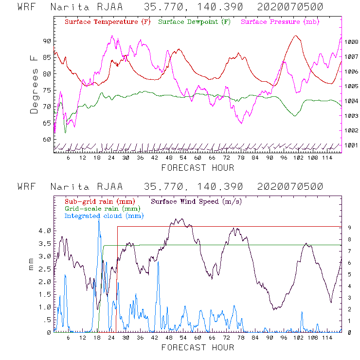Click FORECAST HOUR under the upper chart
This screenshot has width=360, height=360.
point(198,168)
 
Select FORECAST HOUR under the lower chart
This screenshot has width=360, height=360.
point(198,347)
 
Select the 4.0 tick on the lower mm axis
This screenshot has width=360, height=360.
point(44,231)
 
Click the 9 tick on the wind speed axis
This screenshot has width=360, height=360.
point(349,227)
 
